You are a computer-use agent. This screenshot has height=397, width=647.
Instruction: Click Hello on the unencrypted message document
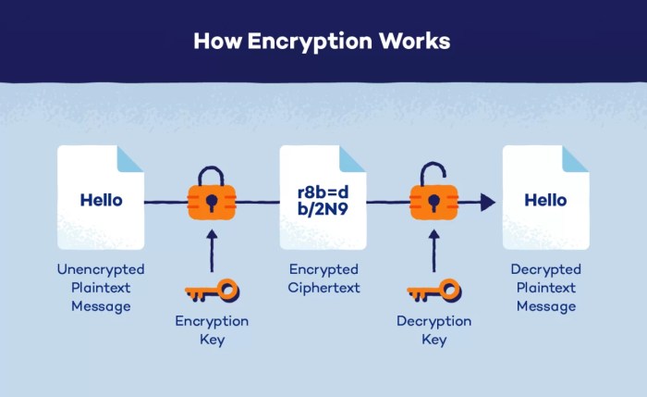pyautogui.click(x=101, y=199)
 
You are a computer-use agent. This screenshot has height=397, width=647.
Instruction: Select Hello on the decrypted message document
pyautogui.click(x=545, y=199)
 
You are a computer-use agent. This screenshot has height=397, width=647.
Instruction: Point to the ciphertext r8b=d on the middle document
pyautogui.click(x=323, y=192)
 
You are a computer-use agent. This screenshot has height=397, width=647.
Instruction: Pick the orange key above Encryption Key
pyautogui.click(x=212, y=293)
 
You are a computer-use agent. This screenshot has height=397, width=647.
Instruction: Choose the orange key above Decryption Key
pyautogui.click(x=433, y=293)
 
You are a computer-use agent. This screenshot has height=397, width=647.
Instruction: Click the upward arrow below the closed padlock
pyautogui.click(x=212, y=249)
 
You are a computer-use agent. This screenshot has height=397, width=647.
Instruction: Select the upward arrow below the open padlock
pyautogui.click(x=433, y=249)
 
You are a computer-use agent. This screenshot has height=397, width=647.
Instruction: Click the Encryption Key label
pyautogui.click(x=212, y=330)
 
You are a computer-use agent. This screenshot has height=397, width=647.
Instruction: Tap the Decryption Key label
pyautogui.click(x=433, y=330)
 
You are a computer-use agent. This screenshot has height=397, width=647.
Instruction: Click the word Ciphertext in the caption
pyautogui.click(x=323, y=288)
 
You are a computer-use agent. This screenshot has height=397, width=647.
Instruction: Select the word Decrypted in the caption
pyautogui.click(x=545, y=269)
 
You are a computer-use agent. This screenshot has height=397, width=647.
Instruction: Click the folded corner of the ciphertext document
pyautogui.click(x=352, y=158)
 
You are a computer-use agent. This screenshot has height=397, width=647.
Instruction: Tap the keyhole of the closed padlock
pyautogui.click(x=212, y=202)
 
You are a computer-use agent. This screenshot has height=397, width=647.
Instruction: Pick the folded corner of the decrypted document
pyautogui.click(x=575, y=158)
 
